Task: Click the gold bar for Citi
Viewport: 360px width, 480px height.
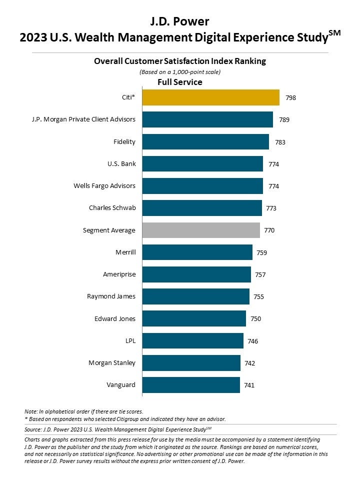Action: [210, 97]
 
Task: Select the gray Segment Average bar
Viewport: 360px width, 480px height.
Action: [201, 230]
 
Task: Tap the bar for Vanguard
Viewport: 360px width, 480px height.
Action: [191, 385]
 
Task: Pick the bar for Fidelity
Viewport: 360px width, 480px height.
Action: [205, 142]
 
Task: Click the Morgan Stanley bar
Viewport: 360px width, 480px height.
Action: [191, 363]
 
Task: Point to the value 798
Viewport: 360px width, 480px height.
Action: [290, 98]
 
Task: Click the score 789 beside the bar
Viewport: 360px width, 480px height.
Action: [284, 120]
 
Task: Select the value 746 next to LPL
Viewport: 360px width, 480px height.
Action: [252, 341]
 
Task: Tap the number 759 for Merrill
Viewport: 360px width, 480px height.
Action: [261, 252]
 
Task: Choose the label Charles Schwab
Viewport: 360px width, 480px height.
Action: [112, 208]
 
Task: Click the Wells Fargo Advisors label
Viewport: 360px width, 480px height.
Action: [104, 186]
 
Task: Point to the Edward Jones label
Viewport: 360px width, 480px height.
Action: [115, 318]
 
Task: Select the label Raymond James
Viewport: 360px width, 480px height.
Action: [111, 296]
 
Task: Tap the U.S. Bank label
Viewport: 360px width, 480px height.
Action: [121, 164]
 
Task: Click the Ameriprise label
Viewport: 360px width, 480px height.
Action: [119, 274]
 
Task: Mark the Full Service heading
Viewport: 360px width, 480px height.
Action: [180, 82]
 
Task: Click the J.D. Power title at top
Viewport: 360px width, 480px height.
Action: [180, 21]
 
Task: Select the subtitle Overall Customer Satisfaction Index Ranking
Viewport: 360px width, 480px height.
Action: [180, 61]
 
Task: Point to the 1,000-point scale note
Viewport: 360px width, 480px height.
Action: [180, 72]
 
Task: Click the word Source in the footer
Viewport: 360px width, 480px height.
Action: [33, 429]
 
